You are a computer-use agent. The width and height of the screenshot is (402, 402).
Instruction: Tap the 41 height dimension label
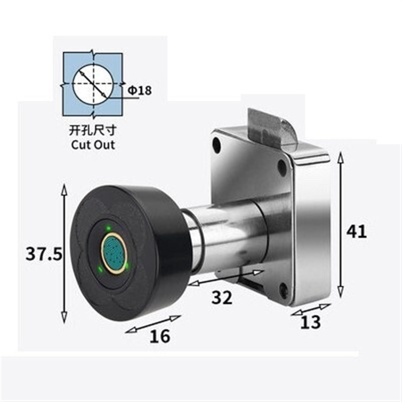(357, 231)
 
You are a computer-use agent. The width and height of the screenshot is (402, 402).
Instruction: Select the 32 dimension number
(222, 298)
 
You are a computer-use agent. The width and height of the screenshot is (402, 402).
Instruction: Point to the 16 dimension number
(160, 336)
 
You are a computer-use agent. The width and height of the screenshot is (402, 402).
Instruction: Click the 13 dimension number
(311, 322)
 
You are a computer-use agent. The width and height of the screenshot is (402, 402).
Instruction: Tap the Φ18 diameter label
(140, 90)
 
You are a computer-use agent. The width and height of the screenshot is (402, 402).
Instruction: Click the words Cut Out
(93, 145)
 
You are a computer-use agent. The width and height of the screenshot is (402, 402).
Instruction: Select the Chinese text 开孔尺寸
(93, 131)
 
